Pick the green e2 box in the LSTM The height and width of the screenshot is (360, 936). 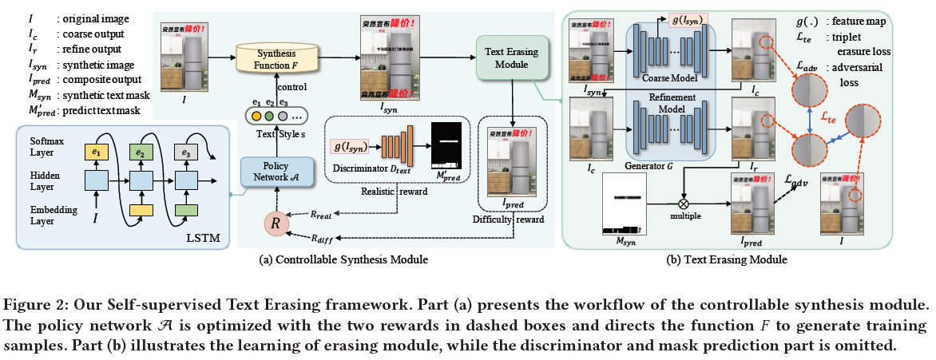(141, 151)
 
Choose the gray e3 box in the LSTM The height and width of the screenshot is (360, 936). (186, 151)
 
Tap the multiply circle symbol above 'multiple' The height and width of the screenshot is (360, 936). (684, 192)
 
